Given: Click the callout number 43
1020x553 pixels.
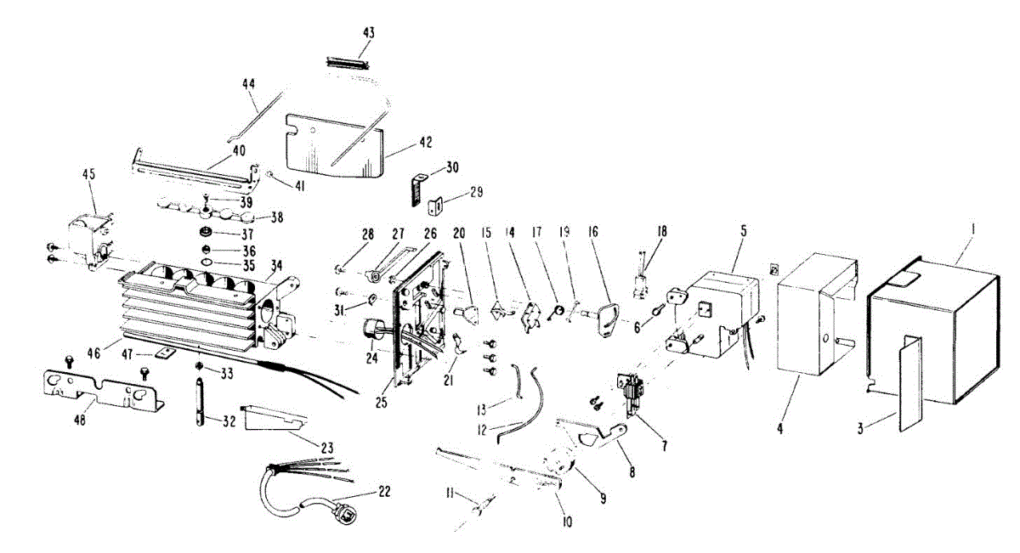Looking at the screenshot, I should pos(368,32).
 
